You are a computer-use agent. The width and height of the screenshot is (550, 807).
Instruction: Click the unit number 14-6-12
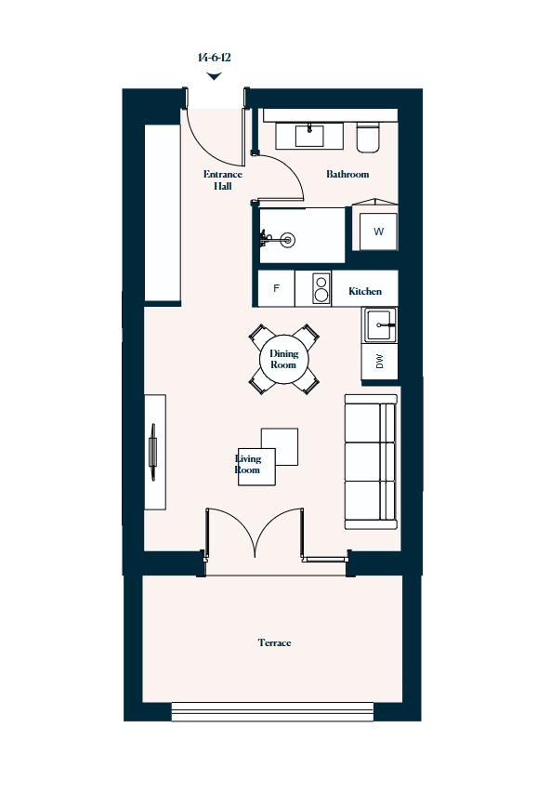[215, 58]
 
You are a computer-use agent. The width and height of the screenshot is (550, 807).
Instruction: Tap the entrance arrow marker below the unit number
[214, 76]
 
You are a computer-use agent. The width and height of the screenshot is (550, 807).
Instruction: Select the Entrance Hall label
[223, 180]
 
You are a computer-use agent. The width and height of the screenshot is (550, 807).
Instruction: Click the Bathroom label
[347, 174]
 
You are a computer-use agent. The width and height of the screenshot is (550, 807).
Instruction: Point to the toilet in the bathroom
[369, 138]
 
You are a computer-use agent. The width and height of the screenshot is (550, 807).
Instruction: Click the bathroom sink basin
[309, 136]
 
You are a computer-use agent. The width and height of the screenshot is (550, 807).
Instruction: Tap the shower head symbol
[287, 239]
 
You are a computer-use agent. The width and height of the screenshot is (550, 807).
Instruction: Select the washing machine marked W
[378, 232]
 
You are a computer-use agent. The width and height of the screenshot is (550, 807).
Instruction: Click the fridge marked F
[276, 288]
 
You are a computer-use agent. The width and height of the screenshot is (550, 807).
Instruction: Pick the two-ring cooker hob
[321, 289]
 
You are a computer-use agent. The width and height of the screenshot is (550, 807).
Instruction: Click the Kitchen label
[365, 291]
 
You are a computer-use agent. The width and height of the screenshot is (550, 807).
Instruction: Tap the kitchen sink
[380, 325]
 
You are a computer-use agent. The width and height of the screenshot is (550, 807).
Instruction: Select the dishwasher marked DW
[380, 363]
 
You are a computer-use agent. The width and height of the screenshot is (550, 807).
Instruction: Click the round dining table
[283, 359]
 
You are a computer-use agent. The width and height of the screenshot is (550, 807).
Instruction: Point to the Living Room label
[248, 464]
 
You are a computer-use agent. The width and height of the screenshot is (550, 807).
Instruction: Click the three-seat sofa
[371, 462]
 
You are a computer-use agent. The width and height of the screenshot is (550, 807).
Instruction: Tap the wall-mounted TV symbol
[152, 452]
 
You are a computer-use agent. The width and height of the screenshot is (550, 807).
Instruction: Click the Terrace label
[275, 642]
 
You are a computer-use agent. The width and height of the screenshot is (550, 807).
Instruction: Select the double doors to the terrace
[255, 534]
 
